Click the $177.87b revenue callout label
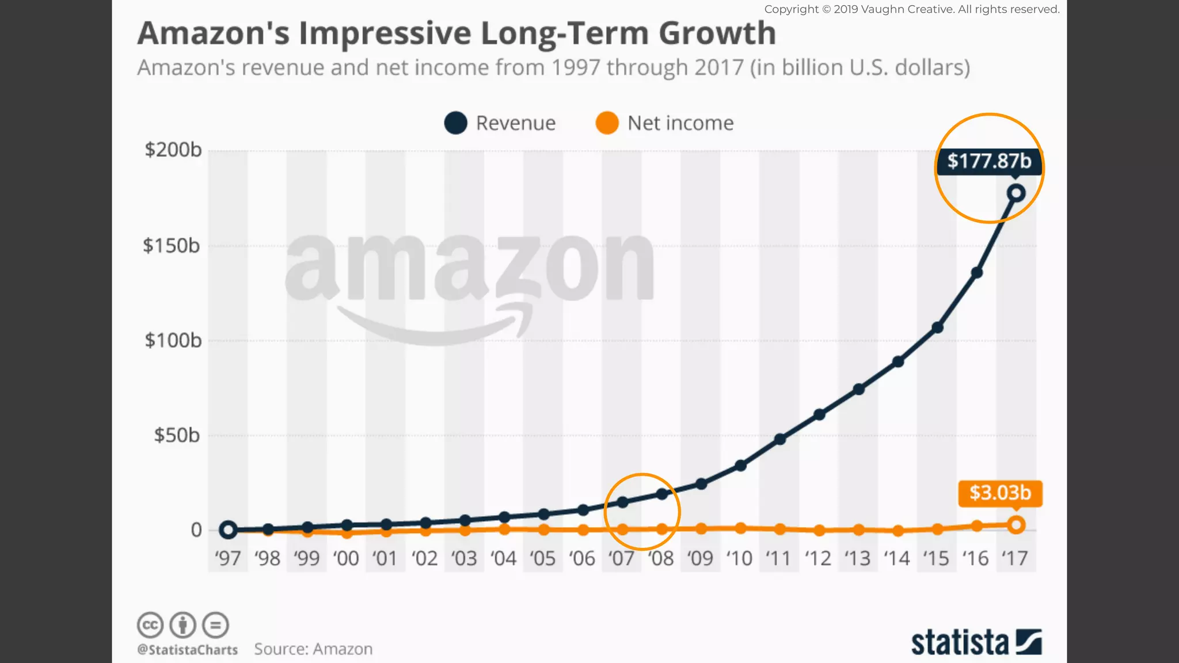tap(989, 161)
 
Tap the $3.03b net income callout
tap(1000, 493)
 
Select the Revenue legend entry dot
tap(455, 123)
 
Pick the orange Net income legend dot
tap(607, 123)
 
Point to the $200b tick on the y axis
tap(173, 150)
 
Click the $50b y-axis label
tap(177, 435)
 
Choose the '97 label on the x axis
tap(227, 558)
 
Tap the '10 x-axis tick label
tap(739, 558)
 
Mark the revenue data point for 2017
tap(1016, 193)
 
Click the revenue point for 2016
tap(976, 273)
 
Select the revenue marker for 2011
tap(780, 439)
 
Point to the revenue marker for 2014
tap(898, 362)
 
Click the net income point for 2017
tap(1016, 525)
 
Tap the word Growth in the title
tap(717, 33)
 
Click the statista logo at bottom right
tap(976, 643)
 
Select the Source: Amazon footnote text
tap(313, 649)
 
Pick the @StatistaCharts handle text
tap(187, 650)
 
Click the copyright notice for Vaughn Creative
tap(911, 9)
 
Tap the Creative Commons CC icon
tap(150, 625)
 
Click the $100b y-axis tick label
tap(173, 341)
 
